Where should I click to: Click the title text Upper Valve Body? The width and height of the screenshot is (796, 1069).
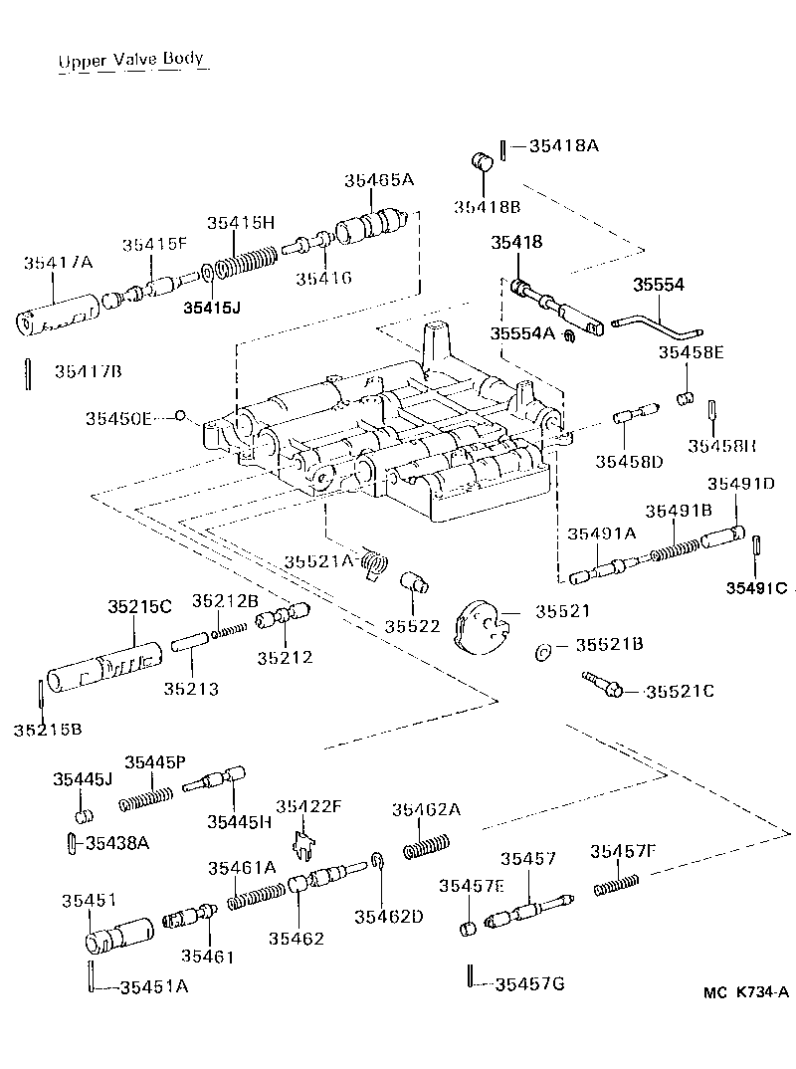click(130, 61)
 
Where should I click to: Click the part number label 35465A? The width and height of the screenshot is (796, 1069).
click(379, 180)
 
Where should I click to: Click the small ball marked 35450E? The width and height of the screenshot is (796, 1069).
click(181, 416)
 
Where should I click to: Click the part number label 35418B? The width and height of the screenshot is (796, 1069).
click(488, 206)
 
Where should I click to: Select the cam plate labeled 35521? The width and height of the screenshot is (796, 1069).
click(480, 629)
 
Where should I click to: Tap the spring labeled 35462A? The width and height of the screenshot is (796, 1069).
click(424, 847)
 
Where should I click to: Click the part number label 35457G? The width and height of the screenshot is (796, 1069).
click(529, 984)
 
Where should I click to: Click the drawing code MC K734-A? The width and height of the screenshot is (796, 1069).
click(744, 992)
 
